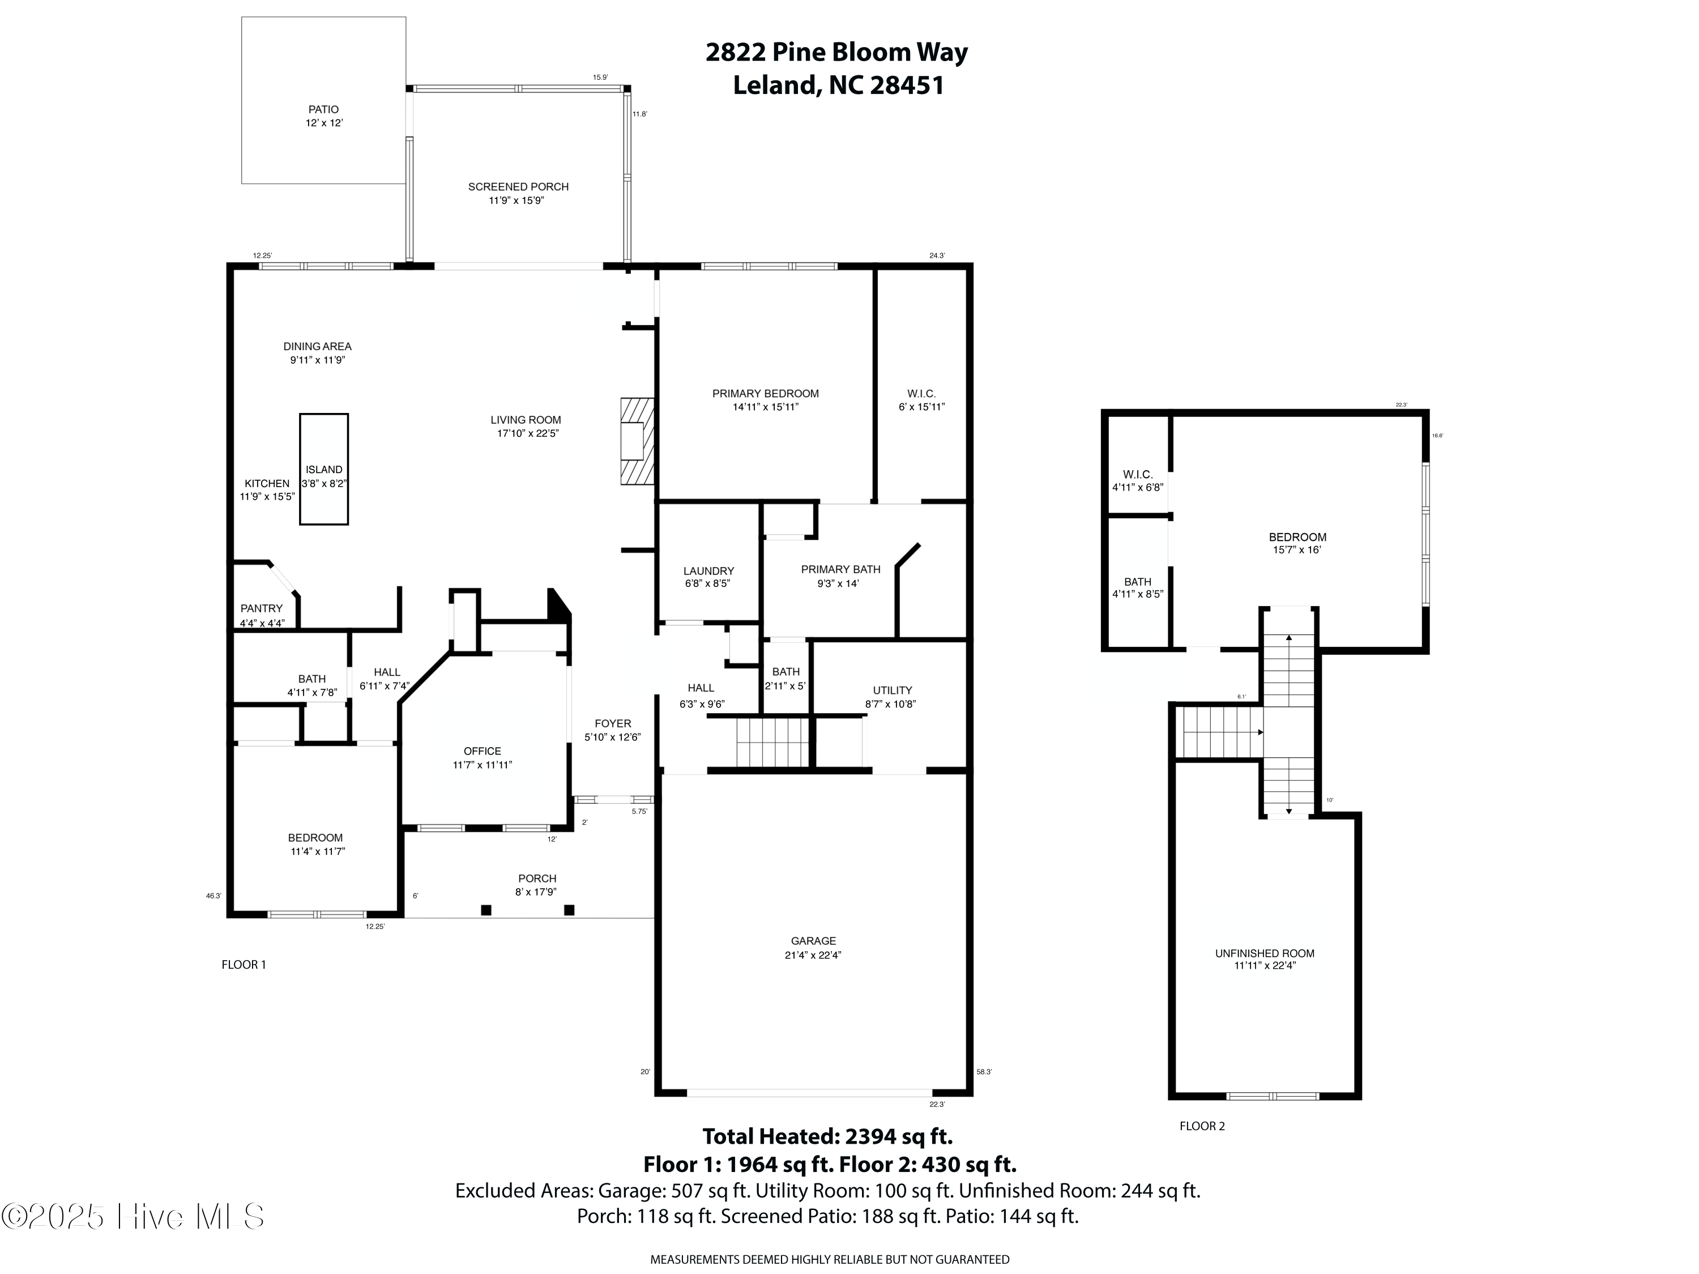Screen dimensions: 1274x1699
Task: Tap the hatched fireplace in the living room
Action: pos(637,441)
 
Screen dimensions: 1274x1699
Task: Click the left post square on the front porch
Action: pos(485,910)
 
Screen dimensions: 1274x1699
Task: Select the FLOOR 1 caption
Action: pos(244,964)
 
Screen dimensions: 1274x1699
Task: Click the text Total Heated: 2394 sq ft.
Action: pos(827,1136)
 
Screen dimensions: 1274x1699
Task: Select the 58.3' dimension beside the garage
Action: pos(983,1071)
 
